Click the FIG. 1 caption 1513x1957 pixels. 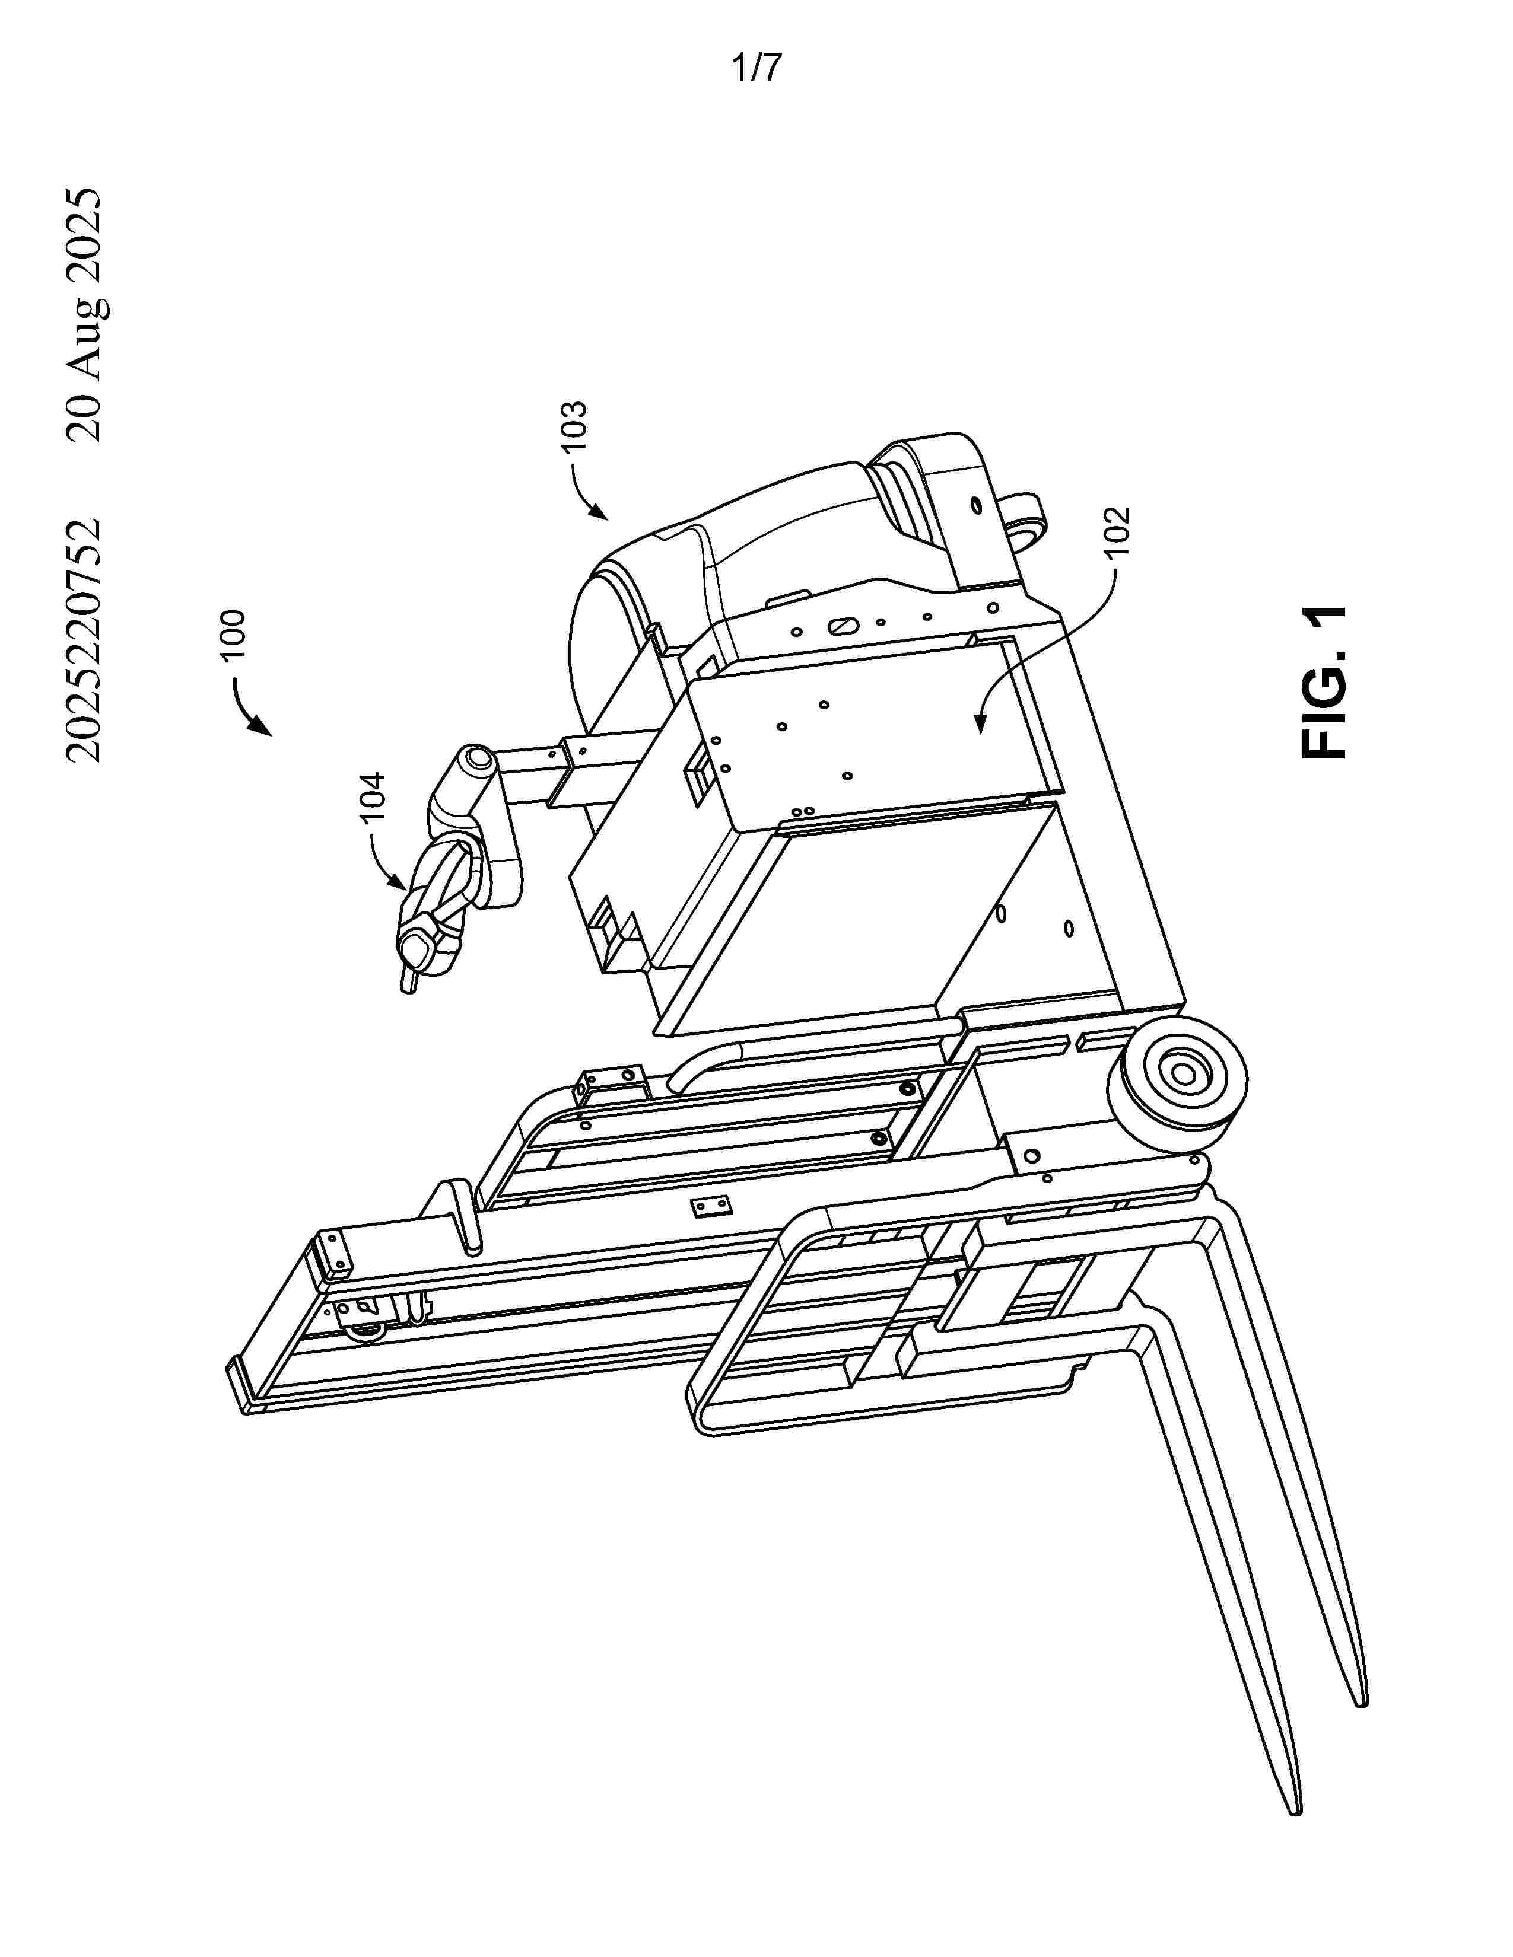click(x=1324, y=683)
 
